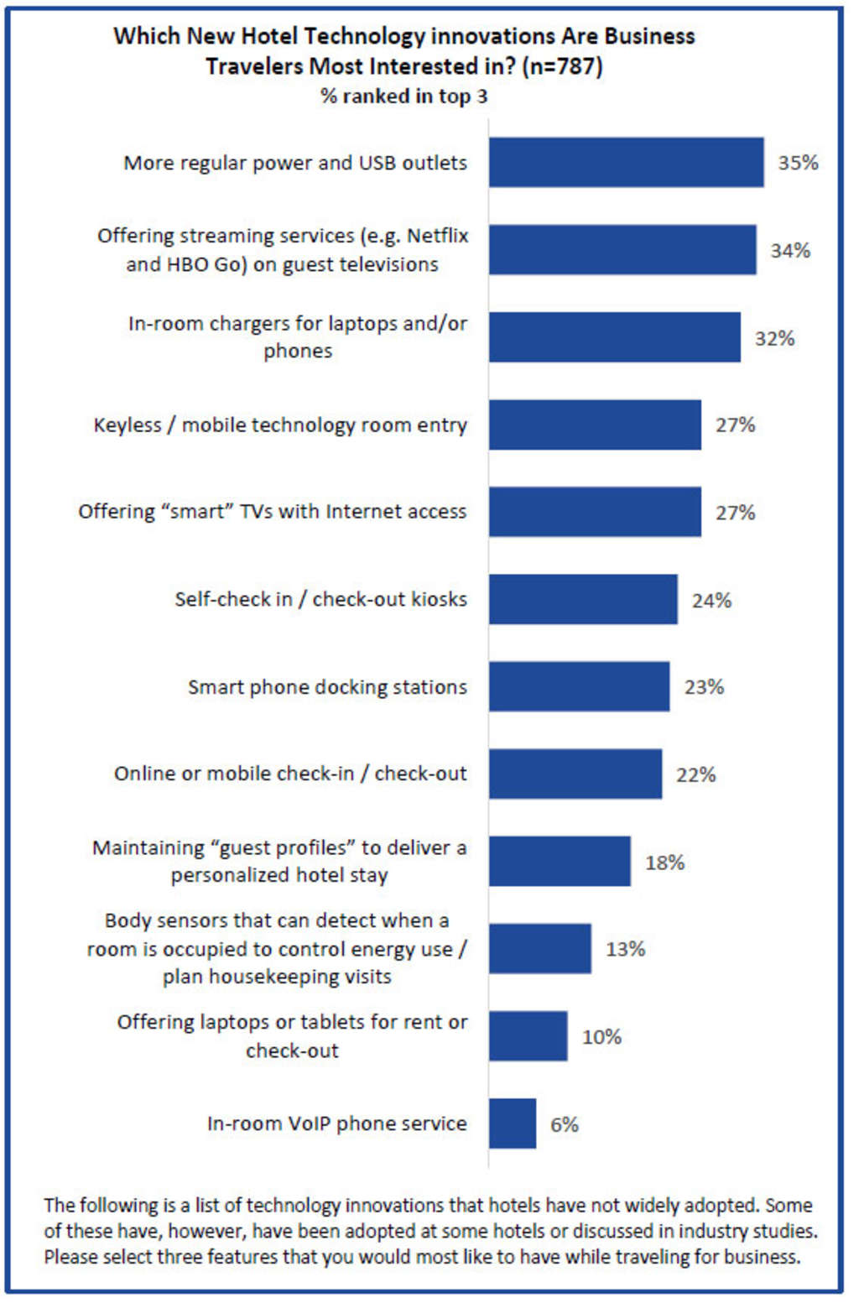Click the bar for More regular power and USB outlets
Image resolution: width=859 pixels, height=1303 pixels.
(626, 162)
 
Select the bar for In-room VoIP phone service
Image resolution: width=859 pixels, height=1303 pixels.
(512, 1123)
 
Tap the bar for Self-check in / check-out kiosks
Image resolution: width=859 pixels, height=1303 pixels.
(583, 599)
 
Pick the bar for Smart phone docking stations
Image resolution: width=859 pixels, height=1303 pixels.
(579, 686)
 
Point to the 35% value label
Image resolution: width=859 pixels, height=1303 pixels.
(798, 163)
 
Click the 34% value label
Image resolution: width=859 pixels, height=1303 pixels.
(790, 250)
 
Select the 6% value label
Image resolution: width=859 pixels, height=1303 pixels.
(565, 1124)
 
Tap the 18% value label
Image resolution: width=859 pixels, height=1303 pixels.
(664, 863)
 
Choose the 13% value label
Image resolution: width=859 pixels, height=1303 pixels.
(625, 949)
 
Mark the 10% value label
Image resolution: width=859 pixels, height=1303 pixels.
(601, 1037)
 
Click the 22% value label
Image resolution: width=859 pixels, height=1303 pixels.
(695, 774)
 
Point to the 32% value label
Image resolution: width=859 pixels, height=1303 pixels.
(774, 338)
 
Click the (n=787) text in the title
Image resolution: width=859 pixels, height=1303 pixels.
(562, 66)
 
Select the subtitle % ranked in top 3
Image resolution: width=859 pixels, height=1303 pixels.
(403, 96)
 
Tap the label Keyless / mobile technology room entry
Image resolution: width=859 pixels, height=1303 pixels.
(280, 425)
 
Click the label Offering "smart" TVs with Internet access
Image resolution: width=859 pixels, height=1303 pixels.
(272, 512)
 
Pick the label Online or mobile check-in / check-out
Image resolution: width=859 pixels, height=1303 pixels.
(290, 774)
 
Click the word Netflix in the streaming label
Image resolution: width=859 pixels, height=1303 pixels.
(438, 236)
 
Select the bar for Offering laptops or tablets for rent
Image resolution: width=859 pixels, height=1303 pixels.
(528, 1036)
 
